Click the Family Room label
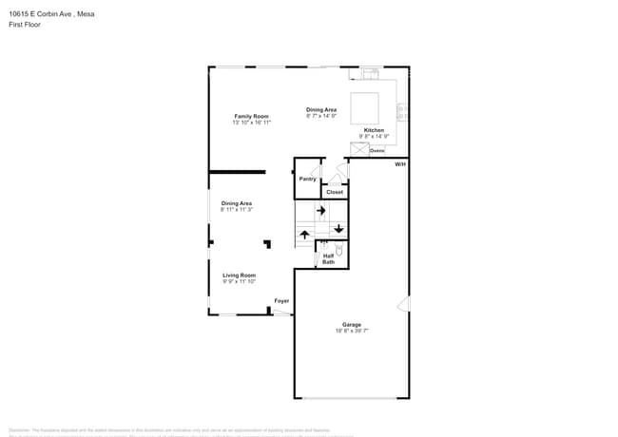click(x=252, y=116)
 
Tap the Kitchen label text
click(x=374, y=130)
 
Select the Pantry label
click(x=307, y=179)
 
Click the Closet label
click(x=335, y=192)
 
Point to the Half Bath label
click(x=328, y=258)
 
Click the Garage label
click(x=352, y=325)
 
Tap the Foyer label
click(x=281, y=301)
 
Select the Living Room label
click(x=240, y=275)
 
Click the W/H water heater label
click(x=400, y=164)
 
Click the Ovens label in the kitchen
click(x=377, y=150)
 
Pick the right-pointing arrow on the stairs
click(x=321, y=212)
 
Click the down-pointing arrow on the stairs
click(x=338, y=229)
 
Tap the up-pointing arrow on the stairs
click(x=305, y=234)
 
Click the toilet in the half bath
click(x=338, y=252)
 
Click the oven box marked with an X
click(x=358, y=149)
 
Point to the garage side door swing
click(x=404, y=304)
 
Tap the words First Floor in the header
click(x=24, y=26)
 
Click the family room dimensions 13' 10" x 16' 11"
click(x=252, y=123)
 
